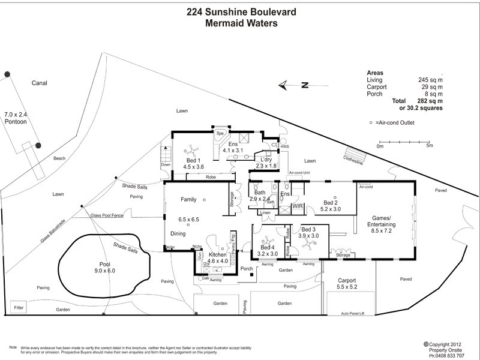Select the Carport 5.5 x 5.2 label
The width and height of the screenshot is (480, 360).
click(347, 284)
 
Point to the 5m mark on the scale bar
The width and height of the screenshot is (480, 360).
click(429, 145)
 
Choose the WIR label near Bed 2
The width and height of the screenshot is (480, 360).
click(298, 206)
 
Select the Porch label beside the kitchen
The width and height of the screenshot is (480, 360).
click(246, 268)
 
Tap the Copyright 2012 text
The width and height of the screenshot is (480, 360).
click(445, 344)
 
